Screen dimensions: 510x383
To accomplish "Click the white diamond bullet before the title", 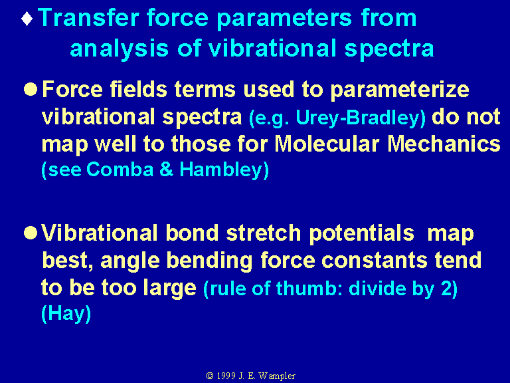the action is (x=27, y=19).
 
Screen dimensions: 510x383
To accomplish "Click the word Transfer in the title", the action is (x=89, y=17).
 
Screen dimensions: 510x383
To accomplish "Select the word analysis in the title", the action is (x=119, y=49).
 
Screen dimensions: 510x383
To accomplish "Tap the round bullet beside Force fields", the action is (x=31, y=89).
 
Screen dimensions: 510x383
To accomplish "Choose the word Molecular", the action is (x=327, y=144).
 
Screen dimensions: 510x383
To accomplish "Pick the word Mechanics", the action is (x=444, y=144).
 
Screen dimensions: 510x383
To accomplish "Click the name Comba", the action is (x=120, y=170).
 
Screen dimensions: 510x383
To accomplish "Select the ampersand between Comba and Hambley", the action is (x=166, y=170).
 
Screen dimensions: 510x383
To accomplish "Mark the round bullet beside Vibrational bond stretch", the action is (x=31, y=233).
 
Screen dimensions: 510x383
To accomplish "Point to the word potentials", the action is (x=362, y=234).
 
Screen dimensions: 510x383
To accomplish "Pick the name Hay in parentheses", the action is (x=66, y=315).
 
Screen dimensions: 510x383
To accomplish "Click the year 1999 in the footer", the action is (x=226, y=376).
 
